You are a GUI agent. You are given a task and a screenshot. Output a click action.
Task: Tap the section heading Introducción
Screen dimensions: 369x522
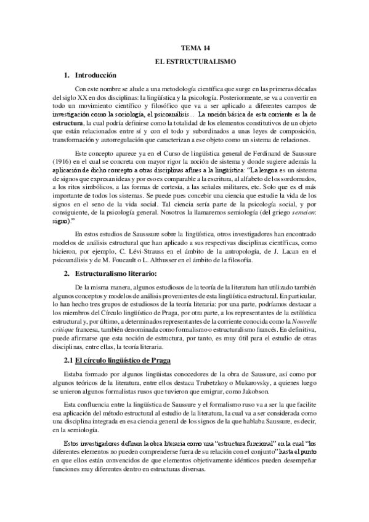coord(95,75)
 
